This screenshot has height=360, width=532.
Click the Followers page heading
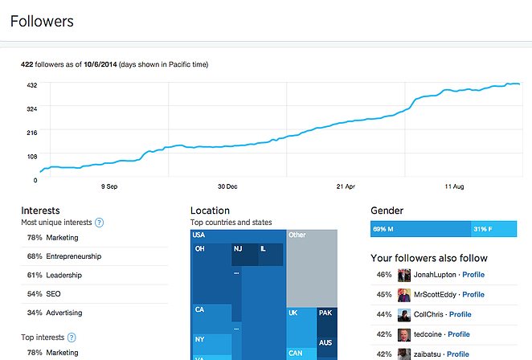(x=42, y=22)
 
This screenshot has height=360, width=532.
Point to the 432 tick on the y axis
(x=31, y=84)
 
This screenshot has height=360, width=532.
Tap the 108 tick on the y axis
(x=31, y=156)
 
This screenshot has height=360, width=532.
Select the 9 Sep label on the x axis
(x=109, y=186)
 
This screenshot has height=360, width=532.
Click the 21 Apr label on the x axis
(x=346, y=186)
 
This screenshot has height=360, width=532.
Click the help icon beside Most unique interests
(x=100, y=223)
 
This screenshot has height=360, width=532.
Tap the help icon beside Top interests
(x=72, y=337)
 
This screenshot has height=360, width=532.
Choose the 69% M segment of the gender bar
(x=420, y=230)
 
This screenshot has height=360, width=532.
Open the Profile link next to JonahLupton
(x=473, y=275)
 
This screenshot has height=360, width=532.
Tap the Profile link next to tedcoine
(x=459, y=334)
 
